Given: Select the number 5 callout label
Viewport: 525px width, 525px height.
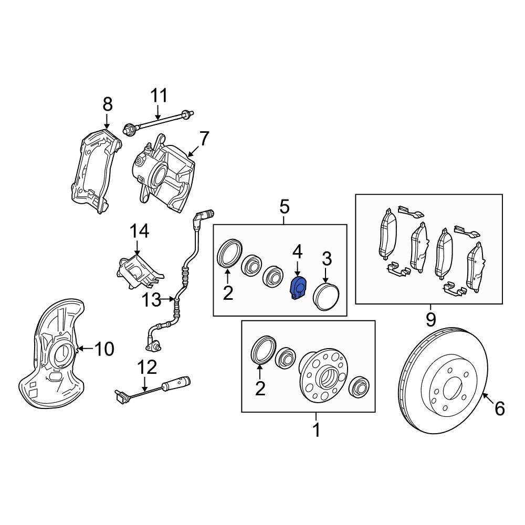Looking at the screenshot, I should [x=284, y=207].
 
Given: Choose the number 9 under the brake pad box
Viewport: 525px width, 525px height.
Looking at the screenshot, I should [x=430, y=319].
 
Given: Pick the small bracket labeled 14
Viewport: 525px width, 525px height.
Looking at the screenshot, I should [x=138, y=270].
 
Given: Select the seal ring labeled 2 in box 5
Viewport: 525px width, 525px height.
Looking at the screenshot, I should [x=229, y=253].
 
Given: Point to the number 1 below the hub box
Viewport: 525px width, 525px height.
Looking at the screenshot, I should [x=316, y=430].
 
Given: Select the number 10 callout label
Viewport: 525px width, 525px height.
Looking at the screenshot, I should [x=104, y=348].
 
